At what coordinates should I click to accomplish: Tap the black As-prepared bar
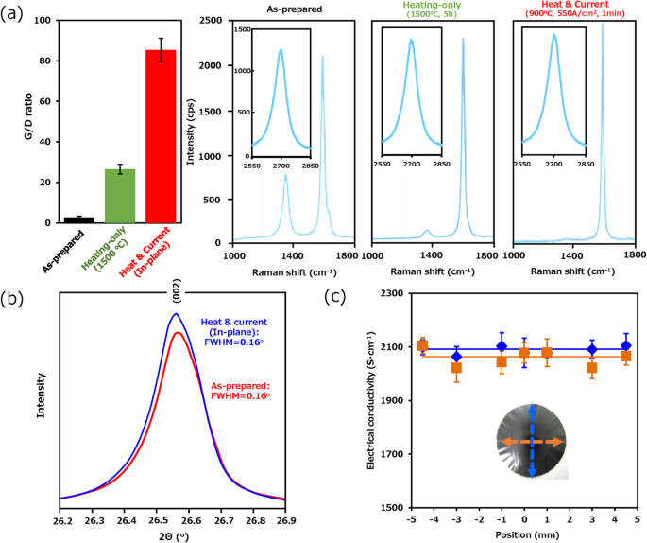tap(77, 219)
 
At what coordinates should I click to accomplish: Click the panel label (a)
tap(14, 13)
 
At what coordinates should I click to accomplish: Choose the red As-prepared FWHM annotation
tap(257, 390)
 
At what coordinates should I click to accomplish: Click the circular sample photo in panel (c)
tap(531, 442)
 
